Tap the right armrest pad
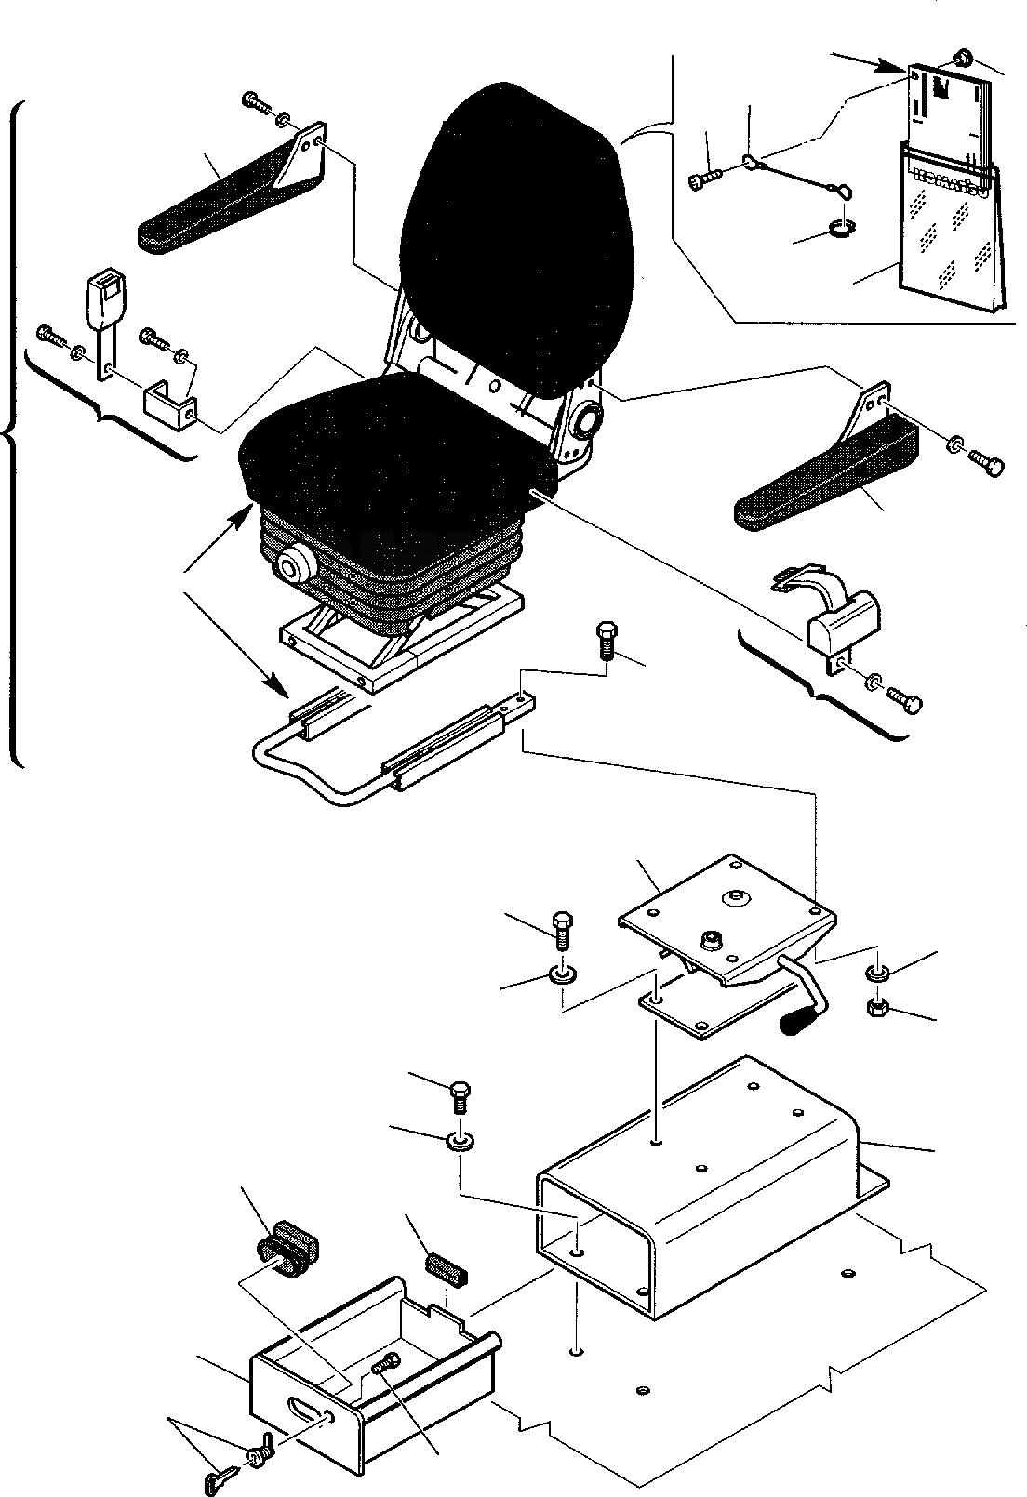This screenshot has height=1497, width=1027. tap(819, 484)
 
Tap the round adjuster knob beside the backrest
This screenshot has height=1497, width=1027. tap(588, 423)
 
